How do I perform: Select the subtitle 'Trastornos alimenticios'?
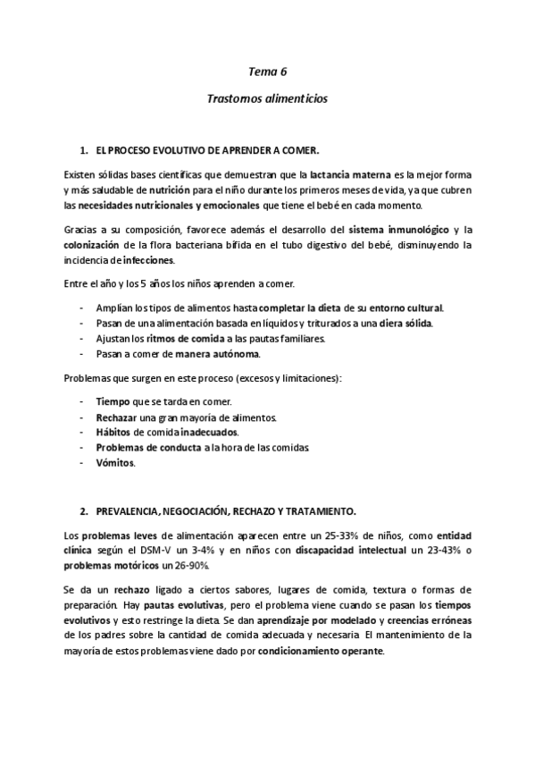click(x=267, y=99)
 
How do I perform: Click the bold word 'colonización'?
click(x=93, y=245)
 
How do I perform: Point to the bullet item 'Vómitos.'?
click(x=115, y=463)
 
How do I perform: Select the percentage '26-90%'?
click(x=181, y=566)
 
